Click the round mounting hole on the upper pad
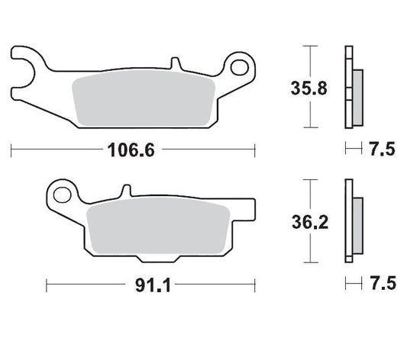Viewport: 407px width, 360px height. (239, 68)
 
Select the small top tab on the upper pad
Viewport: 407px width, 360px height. (175, 61)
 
